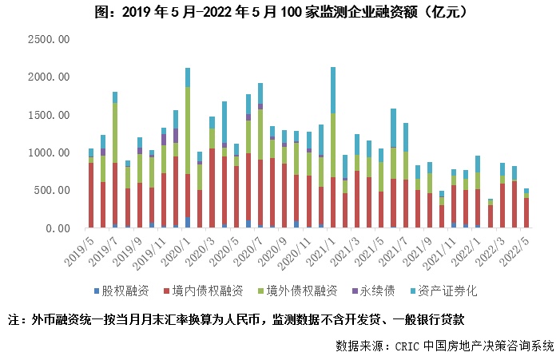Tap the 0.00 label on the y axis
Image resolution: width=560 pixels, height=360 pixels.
[59, 228]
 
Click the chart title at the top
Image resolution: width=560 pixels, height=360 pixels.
[280, 12]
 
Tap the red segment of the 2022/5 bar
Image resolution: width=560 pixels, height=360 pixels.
[526, 212]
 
